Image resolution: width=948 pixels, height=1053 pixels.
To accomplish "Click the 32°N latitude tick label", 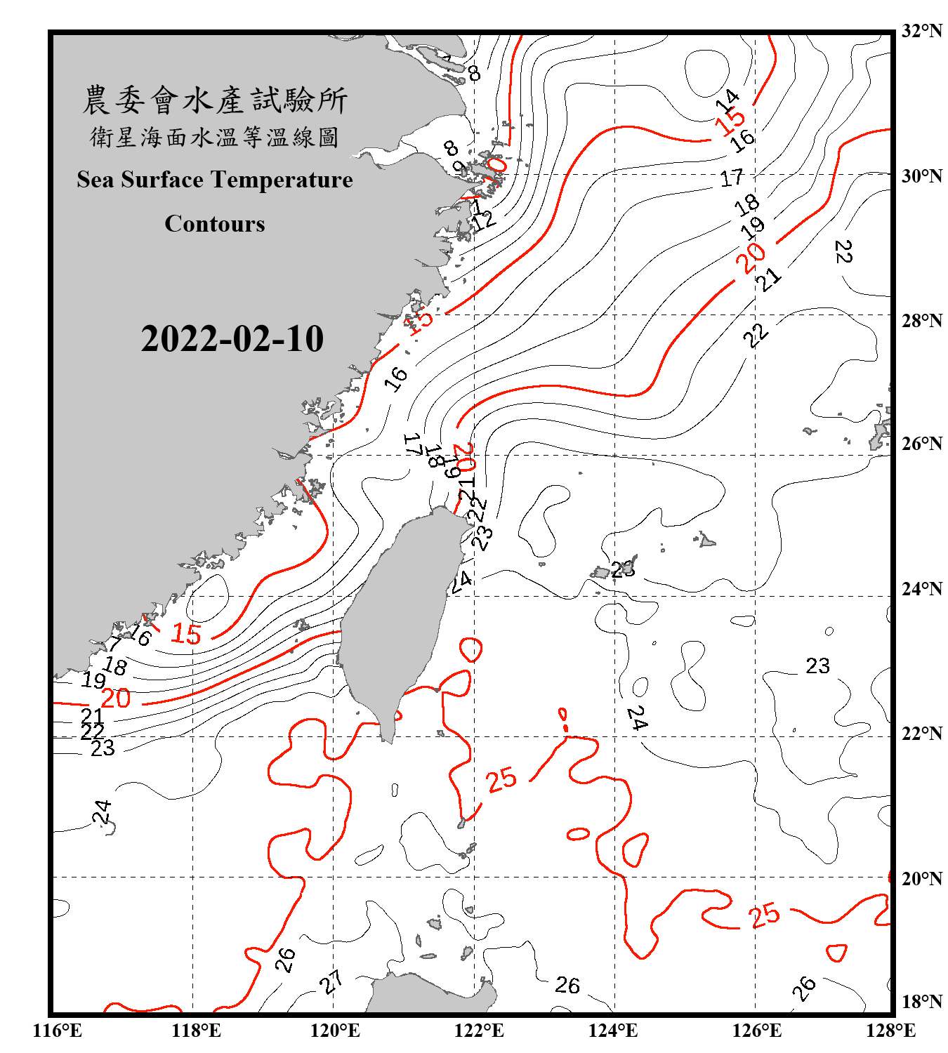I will point(921,31).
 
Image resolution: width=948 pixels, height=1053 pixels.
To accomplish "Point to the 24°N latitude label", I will point(921,588).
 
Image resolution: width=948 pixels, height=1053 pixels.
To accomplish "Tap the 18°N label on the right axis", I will point(921,1001).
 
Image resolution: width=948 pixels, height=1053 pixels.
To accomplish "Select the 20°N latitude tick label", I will point(921,878).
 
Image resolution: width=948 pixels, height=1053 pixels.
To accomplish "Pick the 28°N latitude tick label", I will point(921,321).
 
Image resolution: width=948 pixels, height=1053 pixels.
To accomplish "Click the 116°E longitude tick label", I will point(58,1031).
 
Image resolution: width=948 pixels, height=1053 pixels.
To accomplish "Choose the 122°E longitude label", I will point(479,1031).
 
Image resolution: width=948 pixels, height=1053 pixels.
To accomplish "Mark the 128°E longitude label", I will point(890,1031).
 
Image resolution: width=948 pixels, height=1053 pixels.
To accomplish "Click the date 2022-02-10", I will point(232,339).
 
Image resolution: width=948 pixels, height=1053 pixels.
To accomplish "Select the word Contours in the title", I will point(215,224).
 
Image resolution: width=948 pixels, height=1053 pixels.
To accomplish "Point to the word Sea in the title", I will point(96,180).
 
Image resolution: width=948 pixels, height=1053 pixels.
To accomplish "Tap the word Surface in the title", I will point(162,180).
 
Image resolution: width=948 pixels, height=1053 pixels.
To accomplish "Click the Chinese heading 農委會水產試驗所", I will point(215,100).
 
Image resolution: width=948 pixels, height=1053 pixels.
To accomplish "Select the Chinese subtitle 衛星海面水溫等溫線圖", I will point(215,138).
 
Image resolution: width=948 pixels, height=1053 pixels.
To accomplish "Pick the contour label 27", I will point(331,981).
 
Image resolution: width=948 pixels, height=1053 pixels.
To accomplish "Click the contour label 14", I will point(728,100).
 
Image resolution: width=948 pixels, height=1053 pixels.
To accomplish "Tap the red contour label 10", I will point(495,168).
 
